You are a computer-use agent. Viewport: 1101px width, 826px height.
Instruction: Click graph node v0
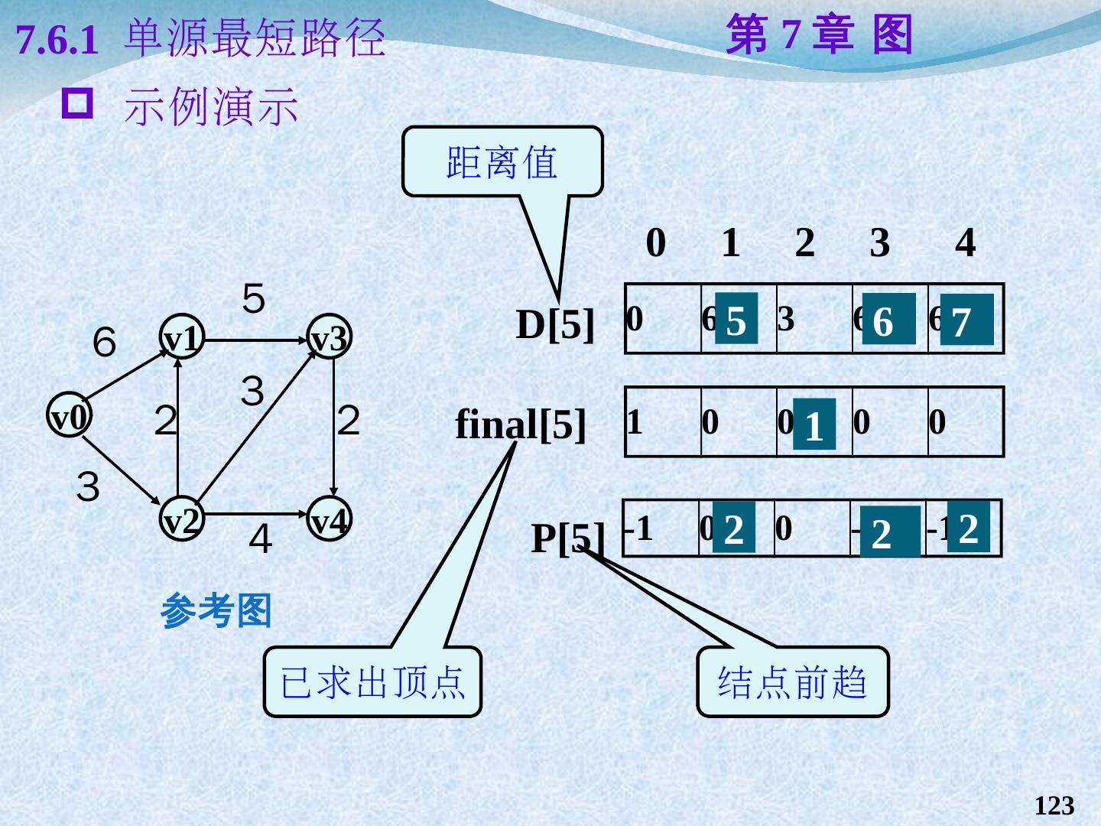[70, 417]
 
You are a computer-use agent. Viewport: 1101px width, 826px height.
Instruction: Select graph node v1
[182, 339]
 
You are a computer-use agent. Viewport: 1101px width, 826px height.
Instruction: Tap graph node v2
[182, 521]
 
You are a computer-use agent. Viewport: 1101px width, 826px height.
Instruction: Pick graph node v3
[330, 339]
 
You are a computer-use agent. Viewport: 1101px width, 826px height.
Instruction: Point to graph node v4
[330, 521]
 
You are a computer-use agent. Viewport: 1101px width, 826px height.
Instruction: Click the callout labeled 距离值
[502, 162]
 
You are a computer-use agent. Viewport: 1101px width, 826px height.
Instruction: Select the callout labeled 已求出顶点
[372, 681]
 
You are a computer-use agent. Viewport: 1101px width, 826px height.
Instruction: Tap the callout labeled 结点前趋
[792, 681]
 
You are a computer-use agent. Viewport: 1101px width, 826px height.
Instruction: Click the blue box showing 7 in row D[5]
[966, 320]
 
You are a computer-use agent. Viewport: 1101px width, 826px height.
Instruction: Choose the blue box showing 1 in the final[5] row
[814, 424]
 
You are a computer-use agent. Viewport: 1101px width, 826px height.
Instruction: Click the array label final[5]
[521, 424]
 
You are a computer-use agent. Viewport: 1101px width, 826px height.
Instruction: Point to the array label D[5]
[555, 324]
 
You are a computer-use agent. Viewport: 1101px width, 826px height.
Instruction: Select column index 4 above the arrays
[966, 243]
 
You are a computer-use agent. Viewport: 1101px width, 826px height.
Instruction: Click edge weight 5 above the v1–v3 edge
[254, 298]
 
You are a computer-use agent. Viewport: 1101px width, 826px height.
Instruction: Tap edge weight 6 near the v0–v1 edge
[104, 342]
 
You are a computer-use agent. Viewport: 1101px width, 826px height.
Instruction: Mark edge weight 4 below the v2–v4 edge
[260, 540]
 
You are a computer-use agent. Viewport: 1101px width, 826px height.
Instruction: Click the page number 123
[1054, 805]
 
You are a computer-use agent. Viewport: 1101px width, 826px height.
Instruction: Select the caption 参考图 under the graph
[216, 611]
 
